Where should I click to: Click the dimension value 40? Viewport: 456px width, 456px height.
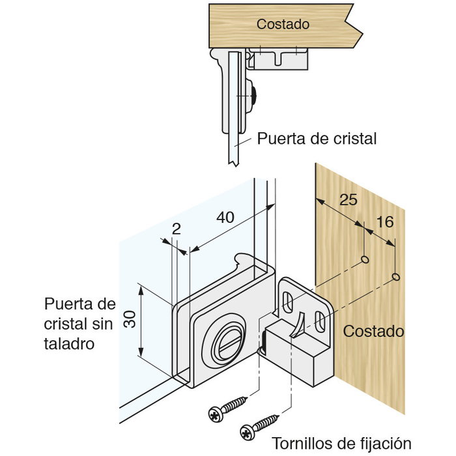(225, 219)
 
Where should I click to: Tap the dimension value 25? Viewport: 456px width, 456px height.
(349, 199)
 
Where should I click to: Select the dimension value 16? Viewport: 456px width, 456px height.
(385, 222)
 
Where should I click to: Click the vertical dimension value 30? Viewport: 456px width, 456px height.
(129, 319)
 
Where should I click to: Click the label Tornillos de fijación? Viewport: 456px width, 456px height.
(341, 443)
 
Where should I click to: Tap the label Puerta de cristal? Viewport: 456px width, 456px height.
(317, 139)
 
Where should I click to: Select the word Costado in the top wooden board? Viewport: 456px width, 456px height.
(282, 24)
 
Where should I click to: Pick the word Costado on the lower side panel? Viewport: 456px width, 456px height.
(373, 331)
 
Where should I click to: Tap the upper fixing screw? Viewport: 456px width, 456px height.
(228, 407)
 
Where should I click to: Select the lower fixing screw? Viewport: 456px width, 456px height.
(260, 425)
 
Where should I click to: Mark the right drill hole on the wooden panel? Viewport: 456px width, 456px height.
(396, 278)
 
